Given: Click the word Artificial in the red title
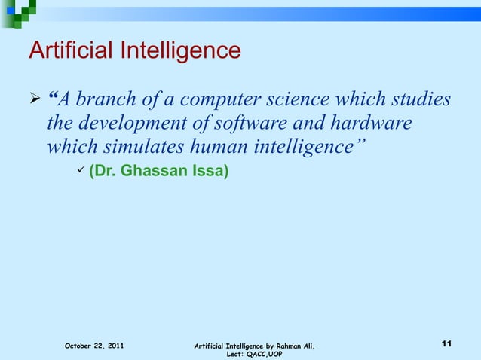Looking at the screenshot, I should click(x=72, y=50).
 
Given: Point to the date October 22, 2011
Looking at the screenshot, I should click(x=94, y=346).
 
